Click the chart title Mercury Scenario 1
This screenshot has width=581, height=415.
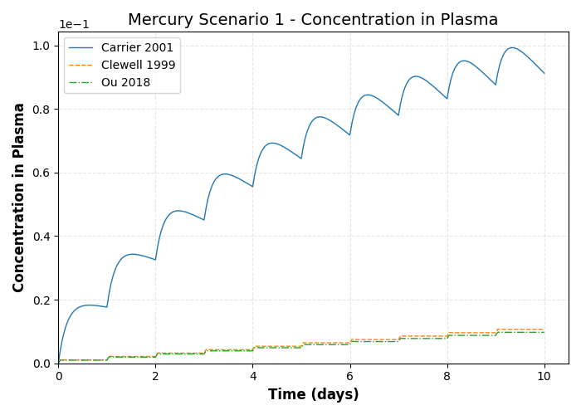[x=313, y=20]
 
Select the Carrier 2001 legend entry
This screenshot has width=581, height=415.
[x=139, y=48]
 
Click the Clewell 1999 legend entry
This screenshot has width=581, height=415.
[x=139, y=65]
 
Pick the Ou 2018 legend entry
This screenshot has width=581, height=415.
[x=126, y=82]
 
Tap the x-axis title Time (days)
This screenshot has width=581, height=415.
[x=313, y=395]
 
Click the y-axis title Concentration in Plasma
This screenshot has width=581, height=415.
[x=19, y=198]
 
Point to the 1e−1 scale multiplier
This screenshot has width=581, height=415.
[x=75, y=24]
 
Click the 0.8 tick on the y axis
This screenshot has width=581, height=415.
[x=41, y=110]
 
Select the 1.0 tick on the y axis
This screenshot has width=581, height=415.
[x=41, y=46]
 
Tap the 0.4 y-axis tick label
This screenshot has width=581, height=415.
[x=41, y=237]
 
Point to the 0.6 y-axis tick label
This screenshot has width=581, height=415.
[x=41, y=173]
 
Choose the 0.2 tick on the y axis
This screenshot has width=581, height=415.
[x=41, y=300]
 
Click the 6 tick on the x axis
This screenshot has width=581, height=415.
[x=350, y=377]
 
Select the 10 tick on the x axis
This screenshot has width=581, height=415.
[x=544, y=377]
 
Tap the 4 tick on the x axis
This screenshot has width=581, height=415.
[x=252, y=377]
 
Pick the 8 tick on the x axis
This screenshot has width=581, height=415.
[x=447, y=377]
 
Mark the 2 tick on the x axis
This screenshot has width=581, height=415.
[x=155, y=377]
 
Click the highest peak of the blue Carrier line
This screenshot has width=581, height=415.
[x=512, y=47]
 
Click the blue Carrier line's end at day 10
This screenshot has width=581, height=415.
[x=544, y=73]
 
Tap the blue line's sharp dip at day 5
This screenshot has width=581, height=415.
[x=301, y=159]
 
